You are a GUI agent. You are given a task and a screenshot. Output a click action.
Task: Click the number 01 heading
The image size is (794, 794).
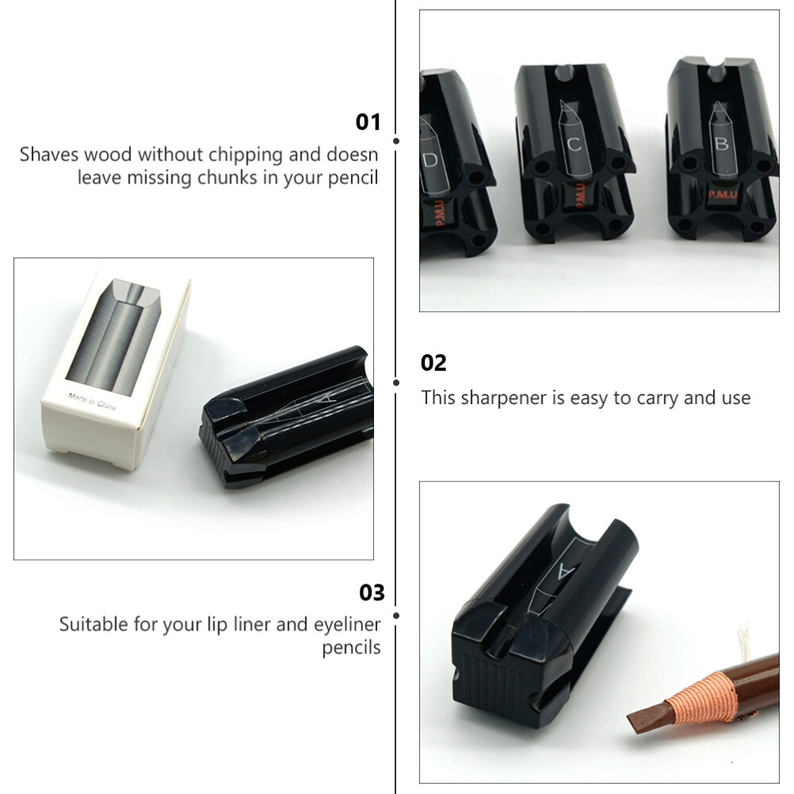[368, 121]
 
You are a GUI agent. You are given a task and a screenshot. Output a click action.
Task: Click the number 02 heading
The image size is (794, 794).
[434, 363]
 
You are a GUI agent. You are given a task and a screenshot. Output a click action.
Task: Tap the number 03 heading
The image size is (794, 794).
[372, 592]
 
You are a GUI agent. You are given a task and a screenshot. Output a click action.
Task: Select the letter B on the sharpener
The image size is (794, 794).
[722, 144]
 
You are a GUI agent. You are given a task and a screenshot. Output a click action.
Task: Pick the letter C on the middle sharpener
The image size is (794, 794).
[575, 145]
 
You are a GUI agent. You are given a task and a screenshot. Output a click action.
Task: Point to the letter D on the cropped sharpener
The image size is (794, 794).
[430, 160]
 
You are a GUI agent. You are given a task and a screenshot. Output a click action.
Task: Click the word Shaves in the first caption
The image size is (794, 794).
[48, 154]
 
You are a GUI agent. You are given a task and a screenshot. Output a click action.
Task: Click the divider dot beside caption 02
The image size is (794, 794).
[396, 382]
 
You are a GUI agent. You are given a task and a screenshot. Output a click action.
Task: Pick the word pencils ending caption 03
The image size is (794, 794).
[351, 648]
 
